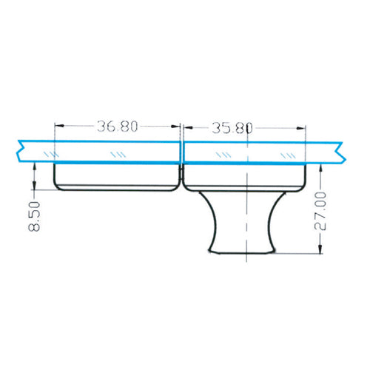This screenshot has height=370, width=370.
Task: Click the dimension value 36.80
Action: coord(118,127)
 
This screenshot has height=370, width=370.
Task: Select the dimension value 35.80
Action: coord(232,127)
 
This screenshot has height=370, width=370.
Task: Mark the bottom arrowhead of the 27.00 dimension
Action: coord(320,251)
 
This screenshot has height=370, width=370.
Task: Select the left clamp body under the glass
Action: coord(118,177)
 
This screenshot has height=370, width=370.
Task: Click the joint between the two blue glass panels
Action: coord(181,151)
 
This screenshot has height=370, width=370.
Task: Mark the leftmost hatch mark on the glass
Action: coord(50,153)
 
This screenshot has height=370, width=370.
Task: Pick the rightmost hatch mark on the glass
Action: coord(288,153)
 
